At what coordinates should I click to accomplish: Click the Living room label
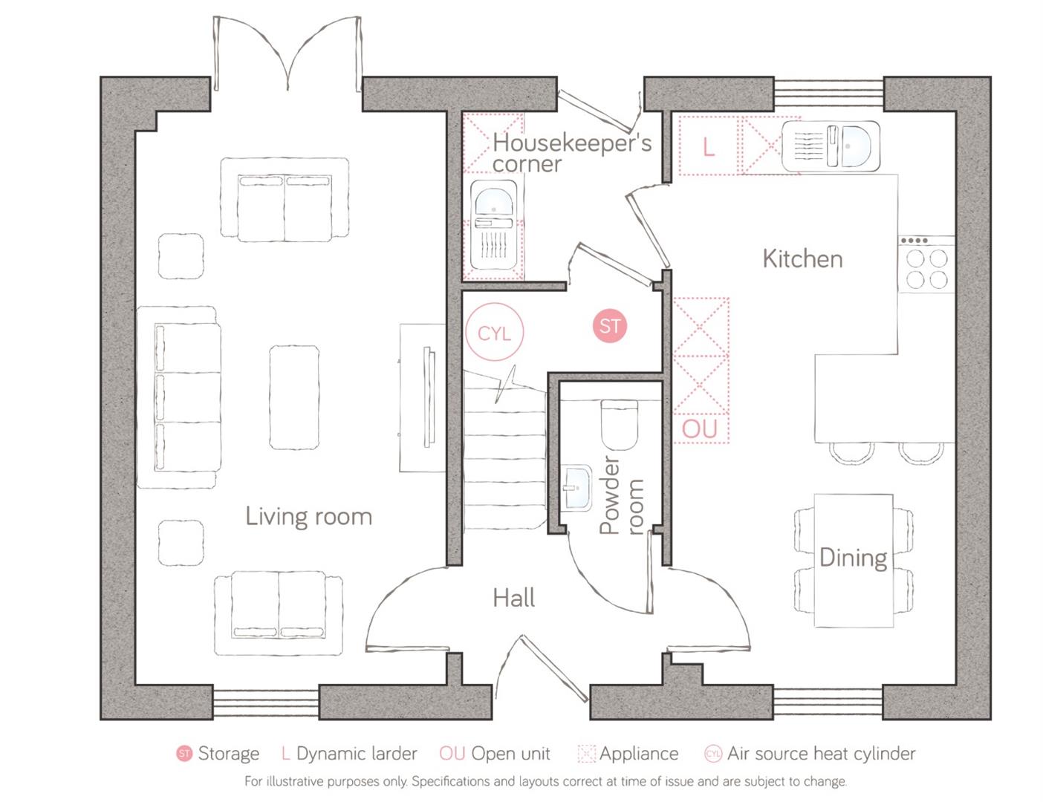[308, 516]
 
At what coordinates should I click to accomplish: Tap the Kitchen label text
[802, 258]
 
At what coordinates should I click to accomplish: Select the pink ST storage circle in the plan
[609, 326]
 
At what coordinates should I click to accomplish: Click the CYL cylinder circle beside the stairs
[494, 333]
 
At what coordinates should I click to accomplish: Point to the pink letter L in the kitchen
[708, 147]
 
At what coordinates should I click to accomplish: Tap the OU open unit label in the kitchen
[700, 428]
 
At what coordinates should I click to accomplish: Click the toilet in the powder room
[619, 425]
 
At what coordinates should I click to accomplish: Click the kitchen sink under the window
[831, 146]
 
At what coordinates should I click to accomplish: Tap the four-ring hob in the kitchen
[926, 267]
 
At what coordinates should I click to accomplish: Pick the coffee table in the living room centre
[294, 397]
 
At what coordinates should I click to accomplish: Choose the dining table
[853, 560]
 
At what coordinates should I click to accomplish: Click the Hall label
[513, 598]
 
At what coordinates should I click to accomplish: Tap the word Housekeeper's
[571, 142]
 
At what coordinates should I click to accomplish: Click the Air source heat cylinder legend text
[821, 754]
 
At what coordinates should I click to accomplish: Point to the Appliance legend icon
[586, 754]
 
